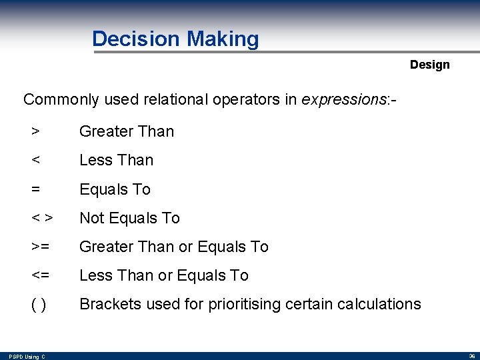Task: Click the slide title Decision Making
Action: pyautogui.click(x=175, y=39)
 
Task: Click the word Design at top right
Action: pyautogui.click(x=429, y=65)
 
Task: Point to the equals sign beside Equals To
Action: pyautogui.click(x=35, y=189)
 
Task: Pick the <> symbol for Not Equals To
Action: pyautogui.click(x=42, y=218)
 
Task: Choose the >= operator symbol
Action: pyautogui.click(x=40, y=247)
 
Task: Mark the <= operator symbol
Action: pyautogui.click(x=40, y=275)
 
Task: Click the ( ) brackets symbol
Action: pyautogui.click(x=39, y=305)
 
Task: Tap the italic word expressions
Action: pyautogui.click(x=339, y=100)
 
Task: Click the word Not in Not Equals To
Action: pyautogui.click(x=91, y=218)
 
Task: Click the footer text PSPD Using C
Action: pyautogui.click(x=27, y=357)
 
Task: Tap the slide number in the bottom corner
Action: pyautogui.click(x=471, y=356)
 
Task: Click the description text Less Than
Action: pyautogui.click(x=116, y=160)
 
